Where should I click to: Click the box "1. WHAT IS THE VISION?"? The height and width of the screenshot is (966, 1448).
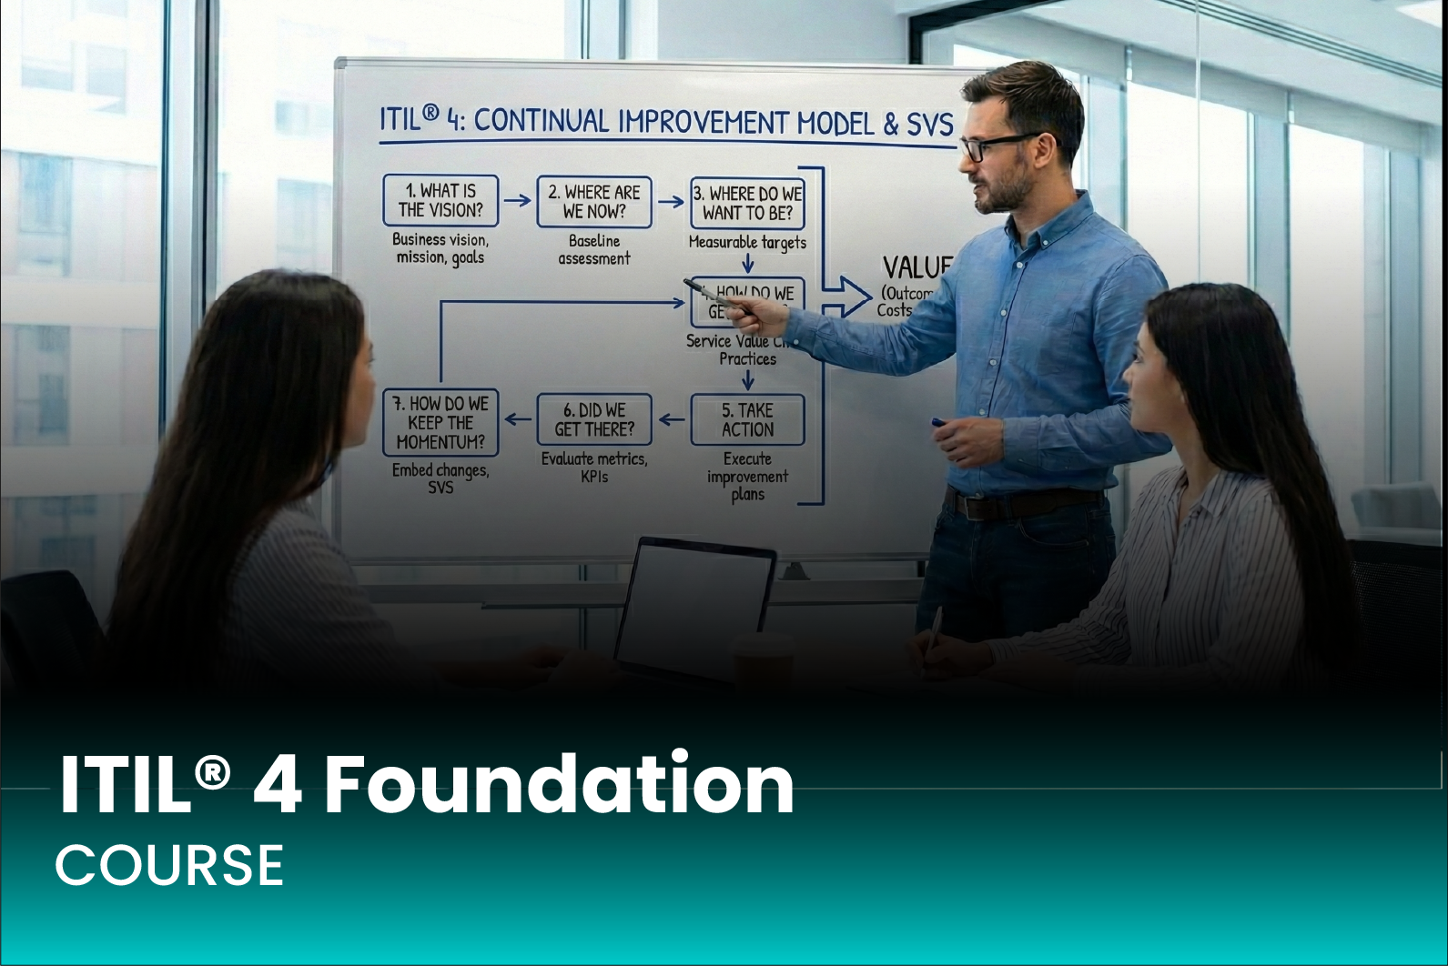(440, 201)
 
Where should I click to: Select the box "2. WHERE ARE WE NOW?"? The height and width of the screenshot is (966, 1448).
(594, 202)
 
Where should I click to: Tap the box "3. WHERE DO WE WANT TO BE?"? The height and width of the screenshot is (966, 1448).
(747, 203)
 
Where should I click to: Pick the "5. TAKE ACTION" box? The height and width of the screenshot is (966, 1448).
(747, 419)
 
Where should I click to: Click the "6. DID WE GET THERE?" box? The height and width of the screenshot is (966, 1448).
(594, 419)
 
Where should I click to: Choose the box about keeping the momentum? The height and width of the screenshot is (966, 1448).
(441, 422)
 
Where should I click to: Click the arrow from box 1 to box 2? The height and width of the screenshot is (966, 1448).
(517, 200)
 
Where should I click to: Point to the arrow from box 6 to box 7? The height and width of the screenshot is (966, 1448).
(519, 419)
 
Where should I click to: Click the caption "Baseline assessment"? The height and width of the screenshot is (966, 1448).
(594, 250)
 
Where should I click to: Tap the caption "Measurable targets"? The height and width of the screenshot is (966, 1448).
(747, 243)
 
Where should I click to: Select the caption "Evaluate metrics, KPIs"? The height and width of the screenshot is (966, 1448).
(594, 468)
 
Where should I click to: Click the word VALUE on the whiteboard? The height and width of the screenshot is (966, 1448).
(916, 268)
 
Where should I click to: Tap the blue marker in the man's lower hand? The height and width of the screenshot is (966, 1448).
(938, 423)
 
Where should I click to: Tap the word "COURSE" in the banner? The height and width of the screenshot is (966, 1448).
(169, 864)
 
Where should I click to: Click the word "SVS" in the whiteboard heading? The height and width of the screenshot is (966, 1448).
(929, 125)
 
